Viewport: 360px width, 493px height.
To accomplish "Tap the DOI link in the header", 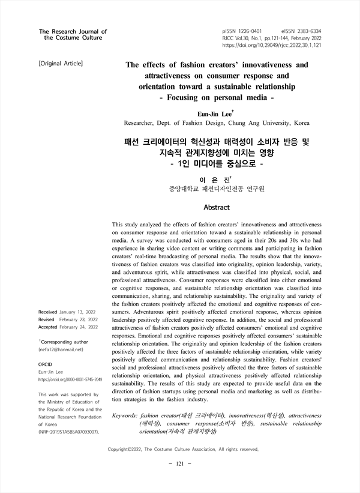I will (272, 45).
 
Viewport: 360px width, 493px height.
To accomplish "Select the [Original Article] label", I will (60, 62).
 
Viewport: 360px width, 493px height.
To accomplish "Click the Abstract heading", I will (217, 207).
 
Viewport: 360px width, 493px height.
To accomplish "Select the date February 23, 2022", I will (77, 320).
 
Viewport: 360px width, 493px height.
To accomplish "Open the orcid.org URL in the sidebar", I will (70, 380).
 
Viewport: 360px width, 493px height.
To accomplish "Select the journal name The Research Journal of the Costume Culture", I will (73, 34).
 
